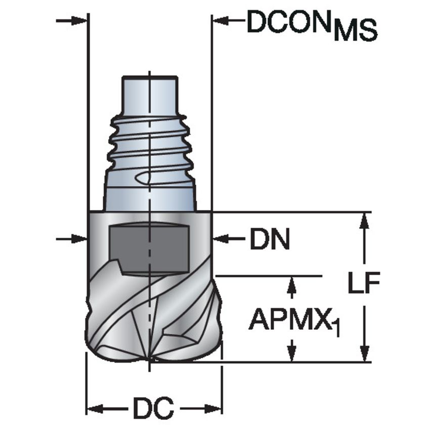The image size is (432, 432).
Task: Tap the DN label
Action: click(270, 241)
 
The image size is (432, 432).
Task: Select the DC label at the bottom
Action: click(153, 408)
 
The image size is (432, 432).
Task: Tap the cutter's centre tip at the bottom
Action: click(150, 360)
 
